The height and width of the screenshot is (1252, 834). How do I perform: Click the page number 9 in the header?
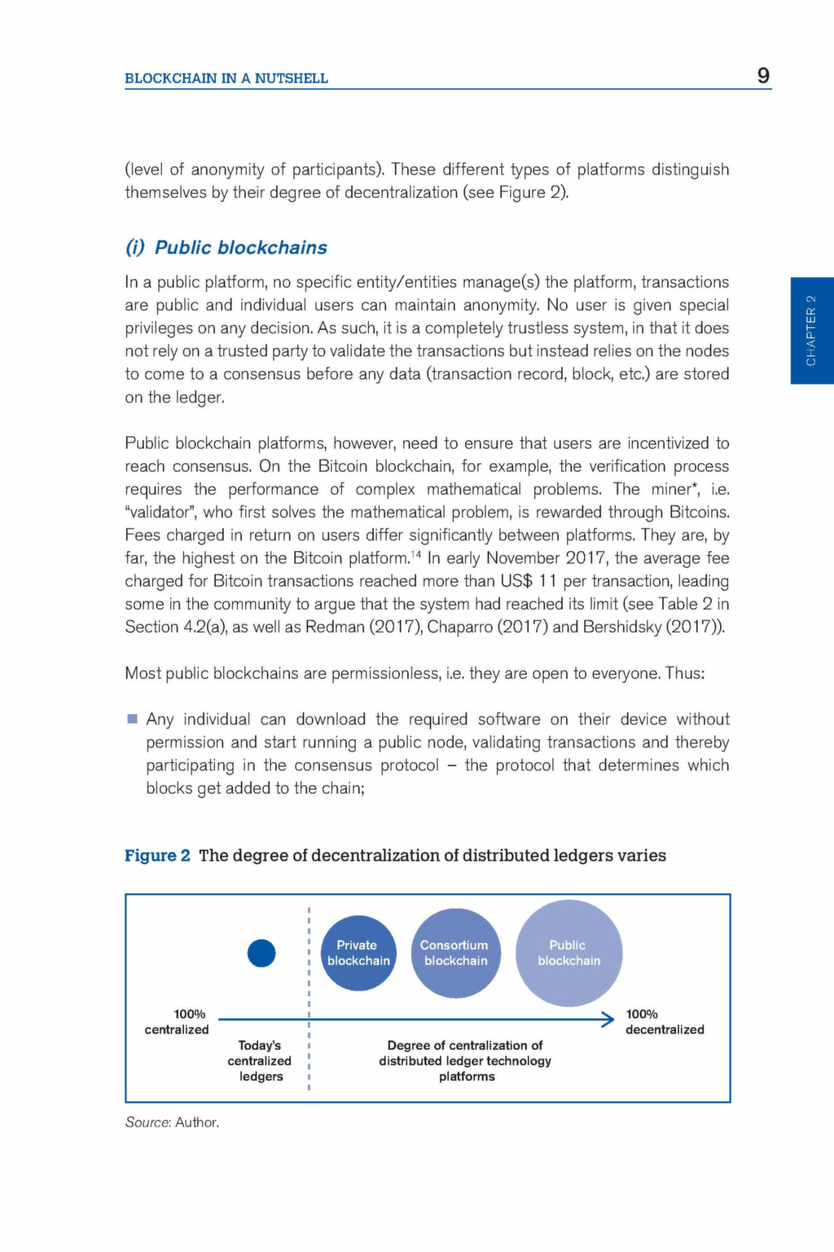(x=763, y=76)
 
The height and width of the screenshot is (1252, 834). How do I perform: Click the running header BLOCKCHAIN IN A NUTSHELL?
(x=226, y=78)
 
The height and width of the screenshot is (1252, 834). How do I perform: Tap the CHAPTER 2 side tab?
(x=811, y=330)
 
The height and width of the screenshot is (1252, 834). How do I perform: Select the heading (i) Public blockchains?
(x=226, y=248)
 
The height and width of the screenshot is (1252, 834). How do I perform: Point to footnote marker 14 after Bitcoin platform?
(x=415, y=554)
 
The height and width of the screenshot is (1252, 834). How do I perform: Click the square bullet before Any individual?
(x=133, y=719)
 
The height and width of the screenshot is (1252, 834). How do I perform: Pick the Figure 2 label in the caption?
(x=157, y=855)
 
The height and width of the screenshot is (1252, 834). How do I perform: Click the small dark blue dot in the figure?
(x=261, y=953)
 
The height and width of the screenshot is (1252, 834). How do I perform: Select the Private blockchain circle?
(x=358, y=953)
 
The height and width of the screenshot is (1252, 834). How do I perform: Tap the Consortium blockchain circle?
(x=455, y=953)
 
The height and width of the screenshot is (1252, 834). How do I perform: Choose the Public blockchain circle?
(x=568, y=953)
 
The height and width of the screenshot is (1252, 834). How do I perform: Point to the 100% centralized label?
(x=178, y=1021)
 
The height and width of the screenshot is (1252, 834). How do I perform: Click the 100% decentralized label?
(x=664, y=1021)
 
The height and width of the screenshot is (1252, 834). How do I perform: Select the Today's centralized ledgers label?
(x=260, y=1060)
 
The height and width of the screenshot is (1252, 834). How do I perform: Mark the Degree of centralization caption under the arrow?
(x=465, y=1060)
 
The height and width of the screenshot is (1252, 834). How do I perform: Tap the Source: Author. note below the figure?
(x=172, y=1122)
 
